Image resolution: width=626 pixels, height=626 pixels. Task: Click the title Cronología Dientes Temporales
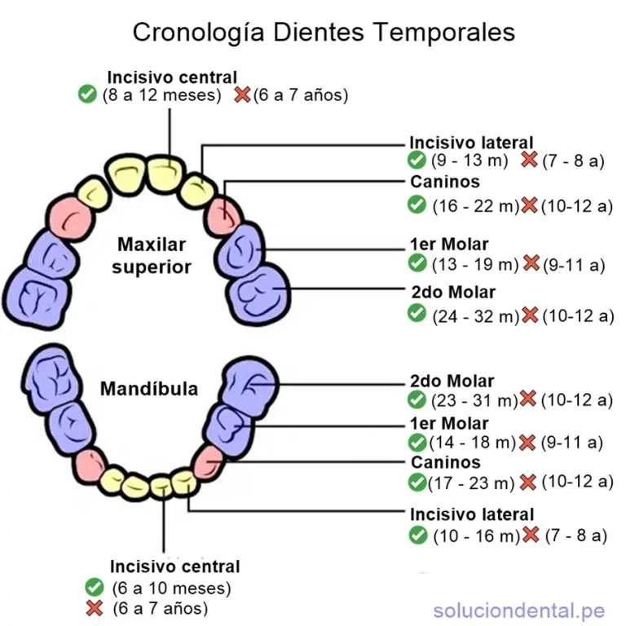pos(324,33)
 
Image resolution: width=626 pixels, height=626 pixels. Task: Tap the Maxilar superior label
pos(152,255)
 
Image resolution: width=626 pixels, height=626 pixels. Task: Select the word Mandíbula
pos(149,389)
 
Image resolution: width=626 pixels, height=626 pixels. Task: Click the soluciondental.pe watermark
pos(519,611)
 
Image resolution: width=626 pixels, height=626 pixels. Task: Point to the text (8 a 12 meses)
pos(161,95)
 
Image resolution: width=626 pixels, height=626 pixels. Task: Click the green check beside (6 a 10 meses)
pos(95,587)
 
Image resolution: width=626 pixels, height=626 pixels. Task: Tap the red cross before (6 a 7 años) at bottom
pos(95,608)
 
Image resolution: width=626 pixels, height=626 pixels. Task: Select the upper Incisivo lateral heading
pos(471,143)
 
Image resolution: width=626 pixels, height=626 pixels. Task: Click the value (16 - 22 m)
pos(476,206)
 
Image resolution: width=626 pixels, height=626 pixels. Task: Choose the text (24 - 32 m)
pos(476,316)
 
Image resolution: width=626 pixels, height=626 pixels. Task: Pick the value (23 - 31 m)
pos(474,400)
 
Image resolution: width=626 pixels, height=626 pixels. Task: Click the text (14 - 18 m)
pos(473,443)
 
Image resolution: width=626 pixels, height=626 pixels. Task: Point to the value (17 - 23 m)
pos(471,483)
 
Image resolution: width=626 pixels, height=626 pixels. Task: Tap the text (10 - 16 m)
pos(477,536)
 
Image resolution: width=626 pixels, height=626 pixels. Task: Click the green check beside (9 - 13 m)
pos(417,160)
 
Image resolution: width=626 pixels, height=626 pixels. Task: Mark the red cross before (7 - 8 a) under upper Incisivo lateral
pos(529,159)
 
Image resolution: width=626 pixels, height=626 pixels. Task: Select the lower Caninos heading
pos(446,462)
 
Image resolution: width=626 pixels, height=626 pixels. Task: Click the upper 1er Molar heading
pos(449,244)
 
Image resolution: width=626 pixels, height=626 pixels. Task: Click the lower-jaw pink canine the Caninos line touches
pos(209,463)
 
